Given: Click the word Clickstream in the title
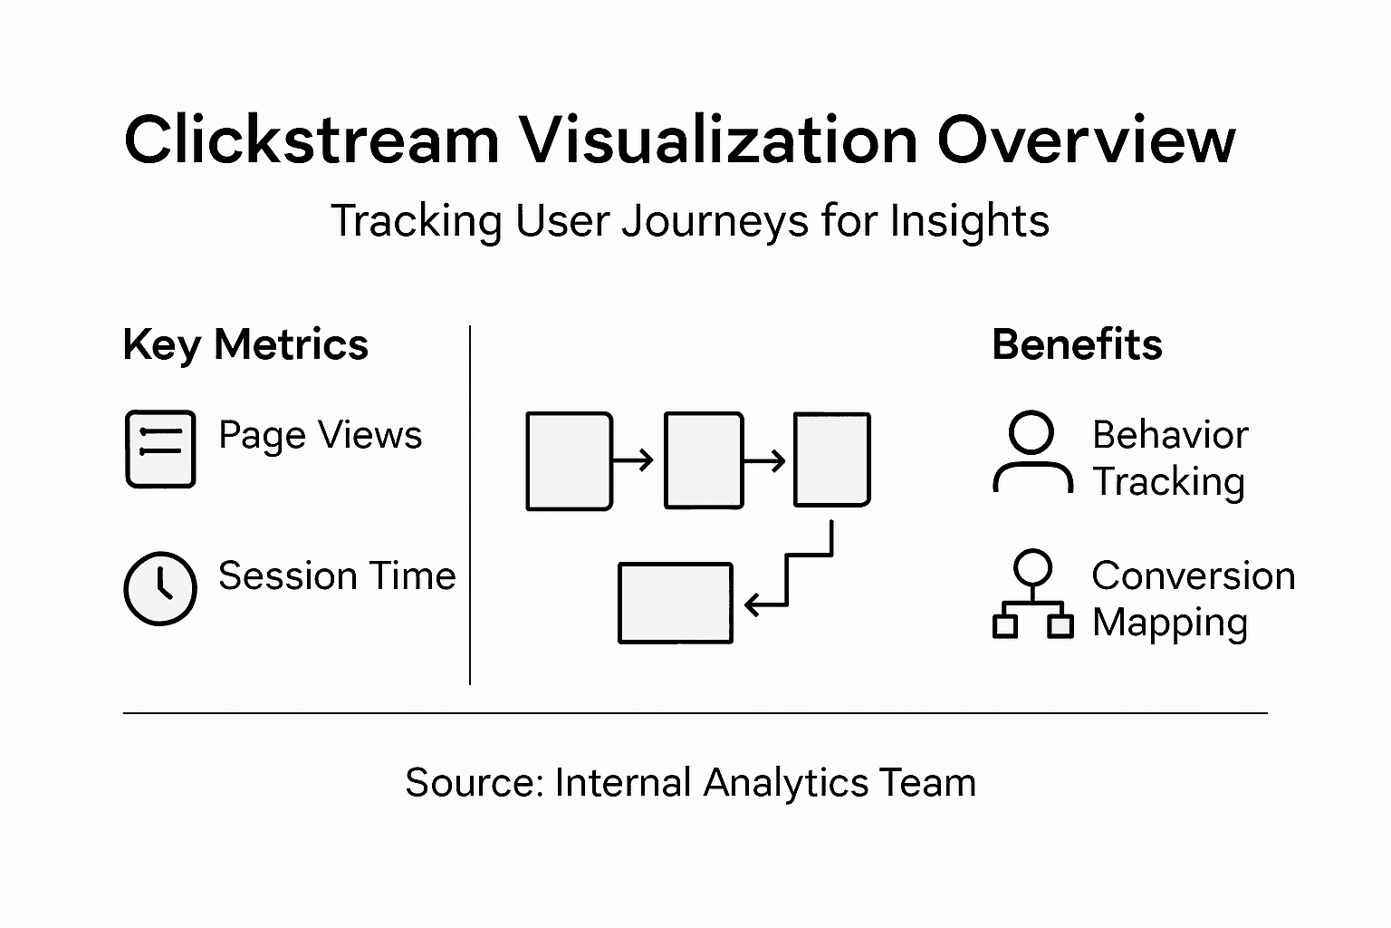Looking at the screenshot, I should coord(312,140).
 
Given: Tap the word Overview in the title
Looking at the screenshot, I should coord(1086,140).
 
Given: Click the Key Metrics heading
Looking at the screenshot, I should coord(245,345).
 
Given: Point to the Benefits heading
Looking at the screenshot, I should coord(1077,345).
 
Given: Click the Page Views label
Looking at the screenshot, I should coord(320,436).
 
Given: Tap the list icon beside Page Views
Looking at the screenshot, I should coord(160,449).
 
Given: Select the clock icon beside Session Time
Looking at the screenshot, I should coord(160,588).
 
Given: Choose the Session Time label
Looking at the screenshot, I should coord(337,576).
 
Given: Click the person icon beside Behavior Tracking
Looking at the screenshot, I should coord(1032,453).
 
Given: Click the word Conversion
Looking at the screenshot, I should coord(1193,576).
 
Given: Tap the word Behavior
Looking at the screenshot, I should coord(1170,436).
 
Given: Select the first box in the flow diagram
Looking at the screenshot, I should coord(570,460).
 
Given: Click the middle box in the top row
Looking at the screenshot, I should coord(704,460).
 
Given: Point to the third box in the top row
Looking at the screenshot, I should coord(832,459).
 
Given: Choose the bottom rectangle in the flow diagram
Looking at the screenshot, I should coord(675,604).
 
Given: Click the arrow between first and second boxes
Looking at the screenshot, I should coord(633,460).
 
